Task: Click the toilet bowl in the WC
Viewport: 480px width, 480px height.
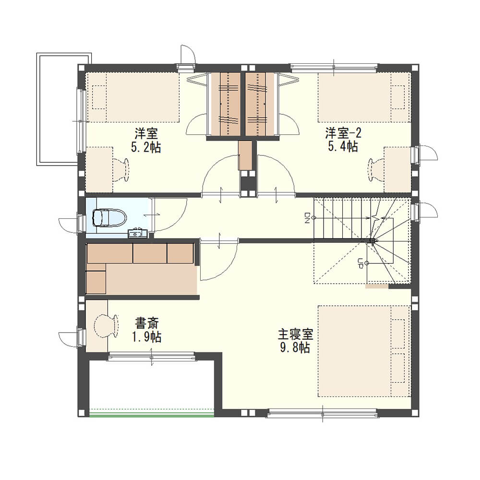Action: click(109, 217)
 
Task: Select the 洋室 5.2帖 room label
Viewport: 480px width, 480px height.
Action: click(146, 141)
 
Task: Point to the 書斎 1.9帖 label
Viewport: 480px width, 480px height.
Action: click(146, 330)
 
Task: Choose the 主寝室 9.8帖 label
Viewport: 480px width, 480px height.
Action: click(295, 341)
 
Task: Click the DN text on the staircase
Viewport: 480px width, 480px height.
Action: click(307, 217)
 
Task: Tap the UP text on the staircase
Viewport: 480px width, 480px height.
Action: click(360, 263)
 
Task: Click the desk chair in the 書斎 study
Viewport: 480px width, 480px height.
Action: click(106, 326)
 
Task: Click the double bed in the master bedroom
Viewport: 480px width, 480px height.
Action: click(364, 351)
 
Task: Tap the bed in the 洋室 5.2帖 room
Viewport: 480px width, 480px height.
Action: click(133, 97)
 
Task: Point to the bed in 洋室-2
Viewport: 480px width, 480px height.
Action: click(364, 97)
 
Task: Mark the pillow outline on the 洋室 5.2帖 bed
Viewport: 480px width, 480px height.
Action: click(99, 97)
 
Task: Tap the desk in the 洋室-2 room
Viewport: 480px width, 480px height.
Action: click(397, 170)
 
